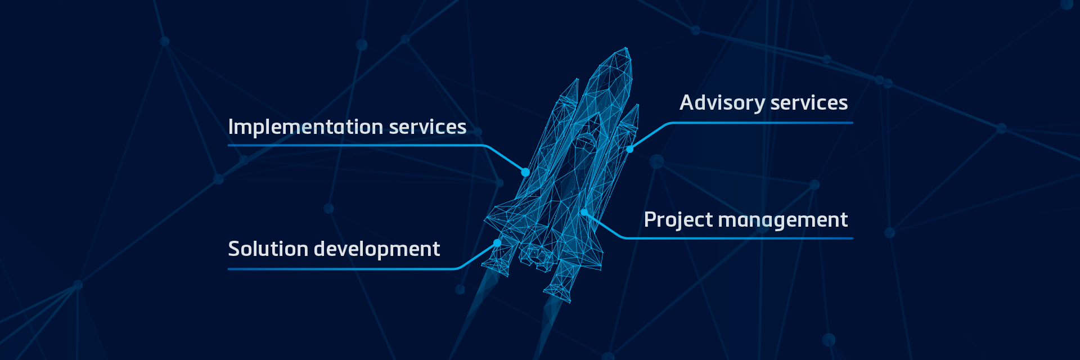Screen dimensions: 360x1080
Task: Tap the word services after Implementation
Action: point(427,127)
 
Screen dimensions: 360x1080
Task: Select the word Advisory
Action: point(722,103)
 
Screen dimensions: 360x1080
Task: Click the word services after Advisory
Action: point(809,103)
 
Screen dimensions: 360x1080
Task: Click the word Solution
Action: point(268,249)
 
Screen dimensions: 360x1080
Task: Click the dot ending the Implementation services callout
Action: point(525,172)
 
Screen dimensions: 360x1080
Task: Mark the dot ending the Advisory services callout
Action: point(630,149)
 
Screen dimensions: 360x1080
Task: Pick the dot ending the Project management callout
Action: point(584,213)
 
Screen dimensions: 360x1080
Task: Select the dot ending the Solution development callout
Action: point(497,243)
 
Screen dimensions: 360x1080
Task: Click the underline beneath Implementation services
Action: point(354,145)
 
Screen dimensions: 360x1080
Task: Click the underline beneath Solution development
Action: point(337,269)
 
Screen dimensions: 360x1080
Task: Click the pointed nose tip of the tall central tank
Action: point(626,49)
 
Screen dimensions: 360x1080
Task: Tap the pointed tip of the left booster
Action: point(576,79)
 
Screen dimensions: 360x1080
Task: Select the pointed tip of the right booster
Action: point(637,105)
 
